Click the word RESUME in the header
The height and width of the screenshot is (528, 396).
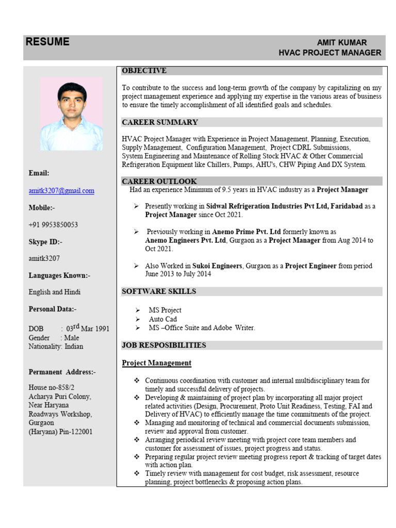pos(47,42)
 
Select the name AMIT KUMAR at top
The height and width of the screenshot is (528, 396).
pos(342,43)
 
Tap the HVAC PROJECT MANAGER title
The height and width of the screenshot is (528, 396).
pos(329,53)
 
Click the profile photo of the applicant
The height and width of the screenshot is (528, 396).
pos(72,114)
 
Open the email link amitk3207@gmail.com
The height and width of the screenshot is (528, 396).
pos(61,191)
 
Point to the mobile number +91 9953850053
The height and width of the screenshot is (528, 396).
pos(54,225)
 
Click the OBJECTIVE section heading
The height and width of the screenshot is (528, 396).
pos(144,71)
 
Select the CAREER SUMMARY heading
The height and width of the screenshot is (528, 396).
pos(159,122)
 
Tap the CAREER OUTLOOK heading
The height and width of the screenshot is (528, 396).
pos(159,181)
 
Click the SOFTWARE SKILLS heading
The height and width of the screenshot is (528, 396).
pos(159,291)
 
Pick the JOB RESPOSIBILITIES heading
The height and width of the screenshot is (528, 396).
pos(163,345)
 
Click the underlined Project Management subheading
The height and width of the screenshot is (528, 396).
pos(156,363)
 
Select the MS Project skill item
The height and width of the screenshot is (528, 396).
pos(165,310)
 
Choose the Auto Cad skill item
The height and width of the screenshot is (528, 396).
pos(163,319)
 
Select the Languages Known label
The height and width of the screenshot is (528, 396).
pos(59,276)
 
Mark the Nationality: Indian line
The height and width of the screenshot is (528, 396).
pos(56,346)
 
